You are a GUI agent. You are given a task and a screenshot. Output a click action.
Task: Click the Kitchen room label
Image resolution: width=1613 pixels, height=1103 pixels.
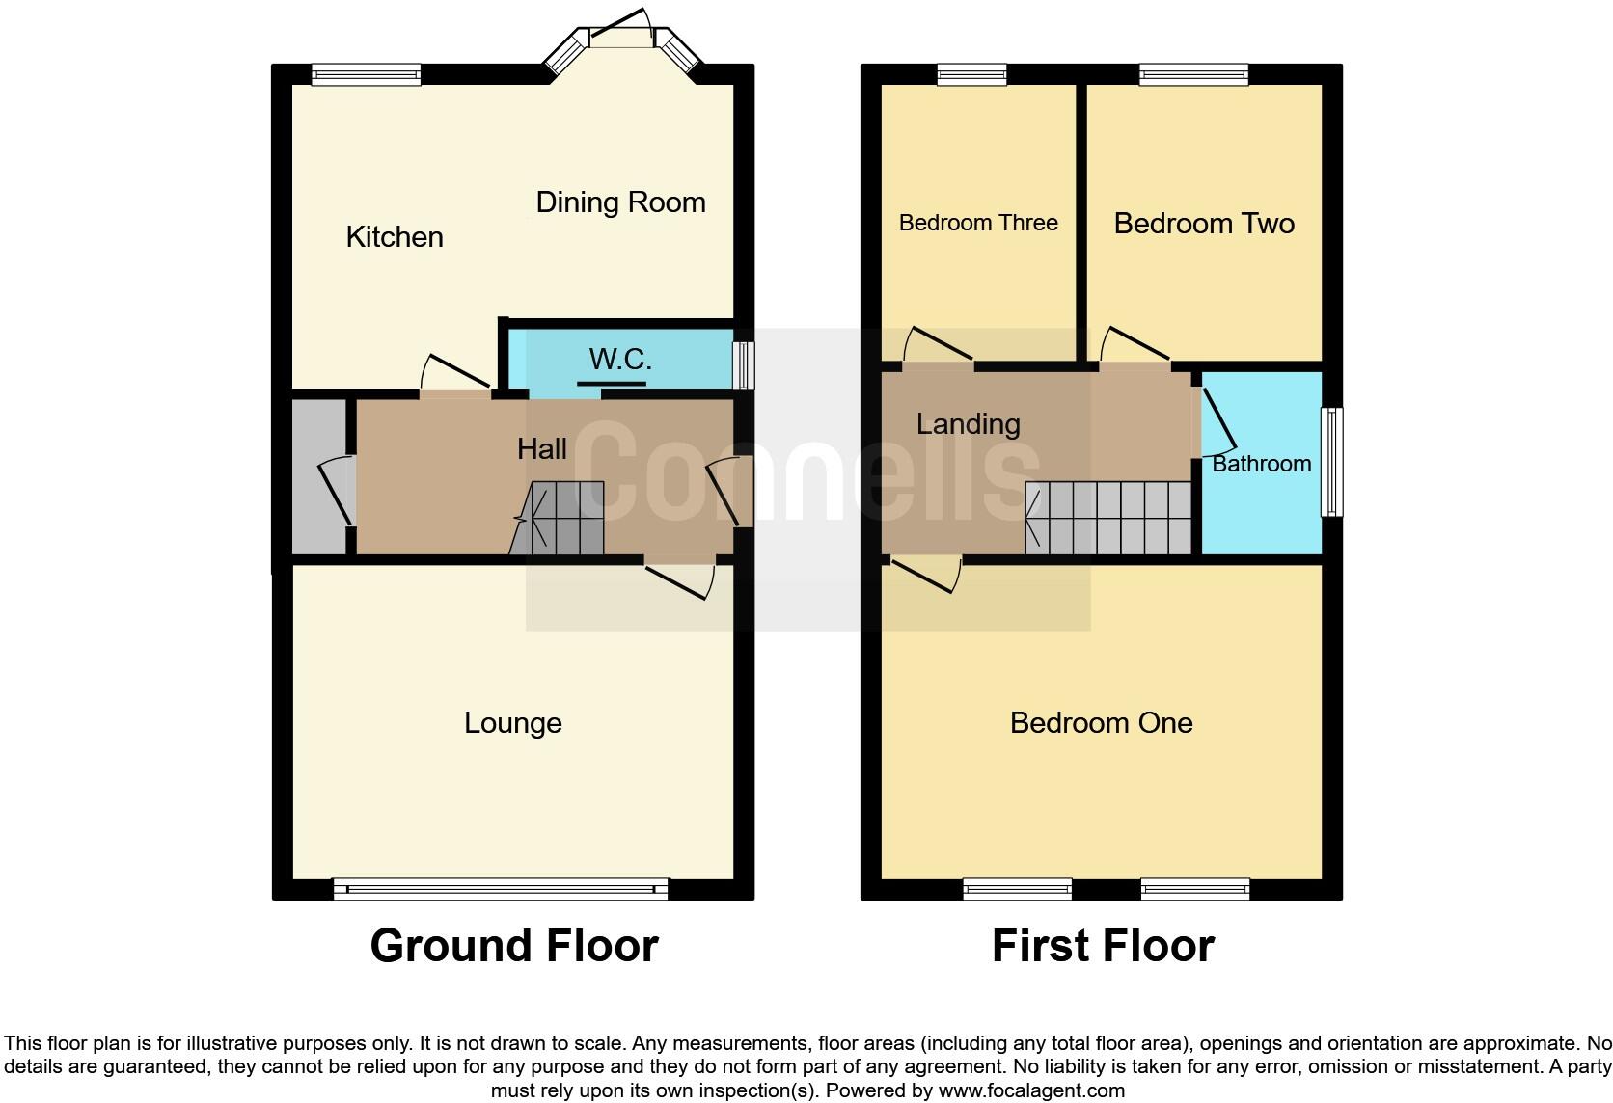395,236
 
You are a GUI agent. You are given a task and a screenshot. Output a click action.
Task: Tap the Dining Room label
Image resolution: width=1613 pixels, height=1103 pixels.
620,202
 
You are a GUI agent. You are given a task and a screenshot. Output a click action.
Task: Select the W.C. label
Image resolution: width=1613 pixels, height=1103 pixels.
619,360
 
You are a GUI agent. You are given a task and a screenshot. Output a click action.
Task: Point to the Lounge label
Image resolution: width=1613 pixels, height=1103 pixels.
512,723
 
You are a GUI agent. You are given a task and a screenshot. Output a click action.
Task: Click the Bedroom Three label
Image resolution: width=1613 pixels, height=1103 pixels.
978,223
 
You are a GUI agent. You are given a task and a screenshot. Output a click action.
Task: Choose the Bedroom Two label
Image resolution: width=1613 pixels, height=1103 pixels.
1203,224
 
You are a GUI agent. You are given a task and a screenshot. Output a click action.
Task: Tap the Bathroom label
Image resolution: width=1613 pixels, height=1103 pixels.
1260,464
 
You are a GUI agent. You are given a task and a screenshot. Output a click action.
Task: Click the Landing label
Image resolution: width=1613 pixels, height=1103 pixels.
968,424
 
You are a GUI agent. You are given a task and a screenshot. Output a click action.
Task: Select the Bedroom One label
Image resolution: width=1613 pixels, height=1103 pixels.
1101,723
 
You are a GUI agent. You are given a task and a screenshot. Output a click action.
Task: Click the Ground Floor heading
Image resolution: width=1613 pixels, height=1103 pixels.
513,946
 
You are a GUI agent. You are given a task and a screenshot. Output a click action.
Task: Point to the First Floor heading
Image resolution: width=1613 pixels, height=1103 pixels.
1102,946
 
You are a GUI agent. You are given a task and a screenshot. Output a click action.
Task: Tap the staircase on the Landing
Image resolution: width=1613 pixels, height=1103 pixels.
1109,519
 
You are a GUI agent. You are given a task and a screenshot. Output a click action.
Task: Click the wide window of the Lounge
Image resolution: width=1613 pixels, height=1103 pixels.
500,889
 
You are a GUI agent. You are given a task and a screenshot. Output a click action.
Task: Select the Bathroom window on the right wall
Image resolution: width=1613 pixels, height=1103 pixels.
1331,462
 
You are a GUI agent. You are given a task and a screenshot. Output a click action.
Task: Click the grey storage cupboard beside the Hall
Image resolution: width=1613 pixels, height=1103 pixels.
319,477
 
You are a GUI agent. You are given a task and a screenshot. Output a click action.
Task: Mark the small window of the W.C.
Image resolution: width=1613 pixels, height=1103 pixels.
743,365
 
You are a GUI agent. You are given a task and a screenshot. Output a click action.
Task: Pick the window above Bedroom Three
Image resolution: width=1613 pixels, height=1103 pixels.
971,74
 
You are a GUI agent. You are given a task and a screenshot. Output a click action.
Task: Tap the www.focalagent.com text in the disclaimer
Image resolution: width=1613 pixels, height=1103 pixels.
1031,1091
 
